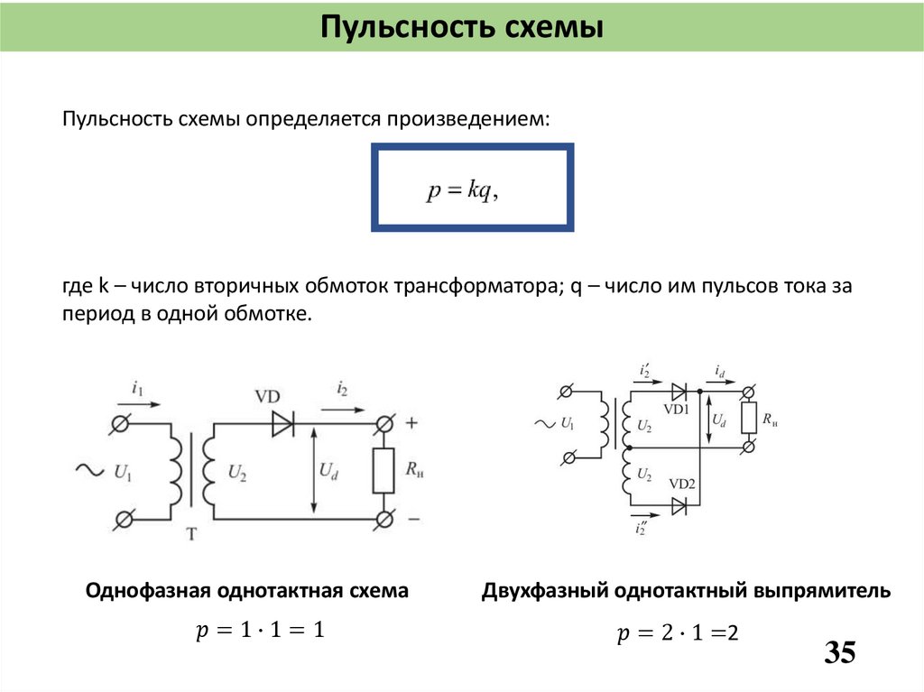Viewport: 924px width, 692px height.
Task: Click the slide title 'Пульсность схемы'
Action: click(461, 26)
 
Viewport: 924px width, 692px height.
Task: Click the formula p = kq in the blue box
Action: click(463, 189)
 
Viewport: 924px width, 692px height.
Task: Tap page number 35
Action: click(839, 652)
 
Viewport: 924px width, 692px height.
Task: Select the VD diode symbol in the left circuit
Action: click(284, 423)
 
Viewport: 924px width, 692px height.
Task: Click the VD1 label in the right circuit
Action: click(676, 410)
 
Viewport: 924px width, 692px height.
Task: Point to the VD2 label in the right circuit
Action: click(681, 484)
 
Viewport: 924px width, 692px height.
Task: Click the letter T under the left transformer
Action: click(191, 534)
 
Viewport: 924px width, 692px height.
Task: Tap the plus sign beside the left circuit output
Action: click(413, 422)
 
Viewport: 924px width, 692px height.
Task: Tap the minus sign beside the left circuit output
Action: click(413, 519)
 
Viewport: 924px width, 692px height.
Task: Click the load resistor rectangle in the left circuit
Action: click(383, 470)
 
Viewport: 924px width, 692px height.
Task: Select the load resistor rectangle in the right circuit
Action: click(748, 419)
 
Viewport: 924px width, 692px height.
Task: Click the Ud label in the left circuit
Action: click(328, 470)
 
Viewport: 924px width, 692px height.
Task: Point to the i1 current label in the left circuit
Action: click(137, 390)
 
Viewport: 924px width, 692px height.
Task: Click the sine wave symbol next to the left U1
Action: click(90, 469)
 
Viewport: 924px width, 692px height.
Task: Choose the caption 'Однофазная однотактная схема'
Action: click(246, 591)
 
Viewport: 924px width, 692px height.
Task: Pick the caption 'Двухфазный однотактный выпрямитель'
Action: click(686, 591)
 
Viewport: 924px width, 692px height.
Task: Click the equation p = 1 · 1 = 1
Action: click(259, 631)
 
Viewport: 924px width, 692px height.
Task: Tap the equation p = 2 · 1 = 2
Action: click(678, 634)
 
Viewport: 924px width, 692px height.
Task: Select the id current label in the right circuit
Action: click(719, 371)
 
